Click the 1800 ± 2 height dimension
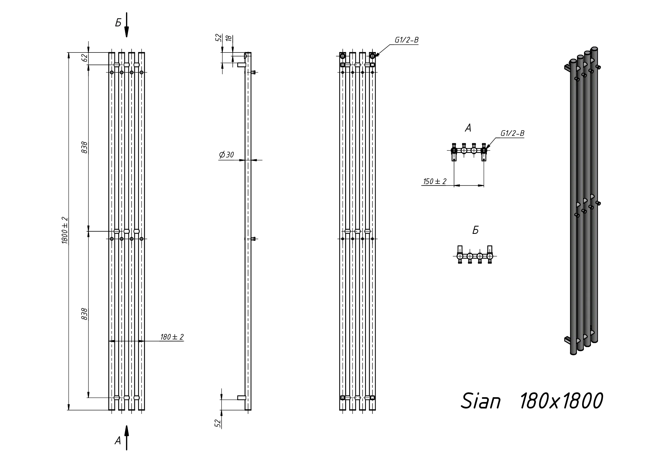click(65, 230)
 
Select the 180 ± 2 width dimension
click(172, 337)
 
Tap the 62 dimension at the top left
click(84, 58)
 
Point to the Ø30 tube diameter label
click(227, 155)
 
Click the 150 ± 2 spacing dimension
click(435, 181)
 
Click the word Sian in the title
click(481, 401)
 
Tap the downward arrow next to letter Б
click(127, 25)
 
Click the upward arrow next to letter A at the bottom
click(127, 438)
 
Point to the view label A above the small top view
click(468, 128)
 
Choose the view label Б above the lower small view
click(476, 230)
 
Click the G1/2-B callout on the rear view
click(407, 40)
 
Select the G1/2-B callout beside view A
click(512, 133)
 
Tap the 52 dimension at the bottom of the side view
click(218, 423)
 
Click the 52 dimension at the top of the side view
click(219, 37)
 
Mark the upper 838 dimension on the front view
click(84, 147)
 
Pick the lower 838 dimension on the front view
click(84, 314)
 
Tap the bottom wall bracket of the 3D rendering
click(567, 340)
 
